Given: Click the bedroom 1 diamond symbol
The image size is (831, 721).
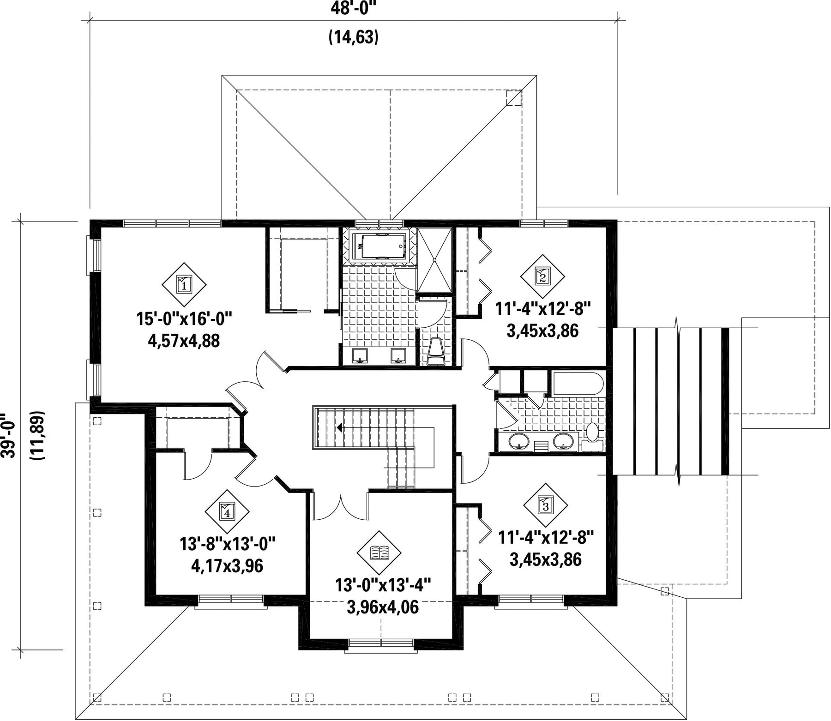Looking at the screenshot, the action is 184,284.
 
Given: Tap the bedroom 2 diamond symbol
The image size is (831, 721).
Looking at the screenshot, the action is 542,276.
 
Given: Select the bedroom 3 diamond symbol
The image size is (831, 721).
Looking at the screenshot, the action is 546,505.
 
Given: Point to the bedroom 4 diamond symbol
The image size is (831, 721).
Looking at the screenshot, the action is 227,511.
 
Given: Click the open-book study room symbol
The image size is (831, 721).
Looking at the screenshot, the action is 379,552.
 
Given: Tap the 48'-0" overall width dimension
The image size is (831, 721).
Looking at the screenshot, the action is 354,8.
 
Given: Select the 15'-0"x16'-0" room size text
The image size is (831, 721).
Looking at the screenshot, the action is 184,318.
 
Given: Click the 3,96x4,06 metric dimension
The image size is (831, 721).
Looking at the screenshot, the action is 382,607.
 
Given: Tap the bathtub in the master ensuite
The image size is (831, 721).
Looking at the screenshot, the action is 379,246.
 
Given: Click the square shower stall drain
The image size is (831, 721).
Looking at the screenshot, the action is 434,259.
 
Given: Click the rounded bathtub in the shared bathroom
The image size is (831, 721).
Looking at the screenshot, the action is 577,384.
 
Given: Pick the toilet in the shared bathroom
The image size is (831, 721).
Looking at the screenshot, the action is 592,436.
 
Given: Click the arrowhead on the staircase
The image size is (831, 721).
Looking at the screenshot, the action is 340,427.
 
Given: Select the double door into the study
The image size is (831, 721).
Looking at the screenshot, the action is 341,505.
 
